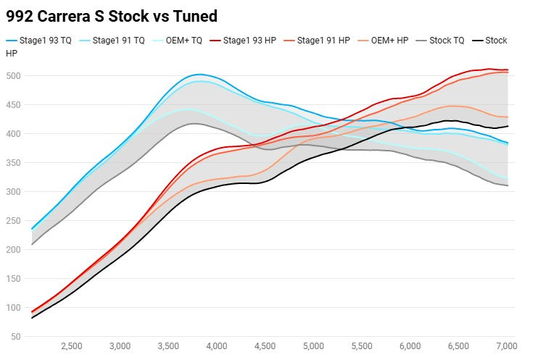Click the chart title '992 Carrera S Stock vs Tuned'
click(x=112, y=15)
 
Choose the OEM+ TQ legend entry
click(x=181, y=41)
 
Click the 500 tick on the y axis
click(x=13, y=76)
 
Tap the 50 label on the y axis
click(x=15, y=337)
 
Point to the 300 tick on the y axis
click(x=13, y=192)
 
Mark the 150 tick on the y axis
click(x=13, y=279)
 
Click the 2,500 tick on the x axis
click(x=71, y=346)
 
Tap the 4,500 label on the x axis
click(x=265, y=346)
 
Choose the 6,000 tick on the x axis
click(x=410, y=346)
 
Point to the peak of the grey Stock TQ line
click(x=194, y=124)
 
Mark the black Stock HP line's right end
click(x=508, y=126)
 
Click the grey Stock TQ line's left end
click(x=32, y=244)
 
